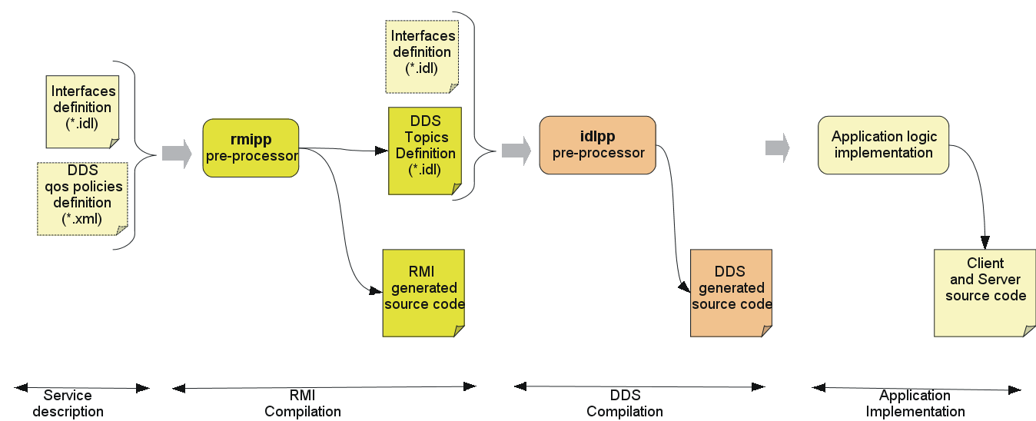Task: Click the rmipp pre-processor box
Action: (x=251, y=148)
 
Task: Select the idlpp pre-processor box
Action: (x=598, y=145)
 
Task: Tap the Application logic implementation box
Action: (x=883, y=145)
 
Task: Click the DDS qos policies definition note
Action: (x=82, y=198)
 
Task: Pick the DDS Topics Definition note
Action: (x=425, y=151)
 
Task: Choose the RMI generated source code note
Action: (x=424, y=293)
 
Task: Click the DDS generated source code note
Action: (x=731, y=293)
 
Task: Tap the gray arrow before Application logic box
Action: (x=778, y=148)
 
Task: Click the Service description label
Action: (x=73, y=403)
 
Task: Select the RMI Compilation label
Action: (x=303, y=403)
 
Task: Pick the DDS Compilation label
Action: (x=625, y=403)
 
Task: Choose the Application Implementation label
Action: (x=915, y=403)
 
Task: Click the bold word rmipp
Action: (x=251, y=140)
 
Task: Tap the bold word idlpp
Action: (x=598, y=138)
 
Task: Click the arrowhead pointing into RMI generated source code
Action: (x=376, y=291)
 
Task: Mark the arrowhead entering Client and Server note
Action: (x=985, y=243)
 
